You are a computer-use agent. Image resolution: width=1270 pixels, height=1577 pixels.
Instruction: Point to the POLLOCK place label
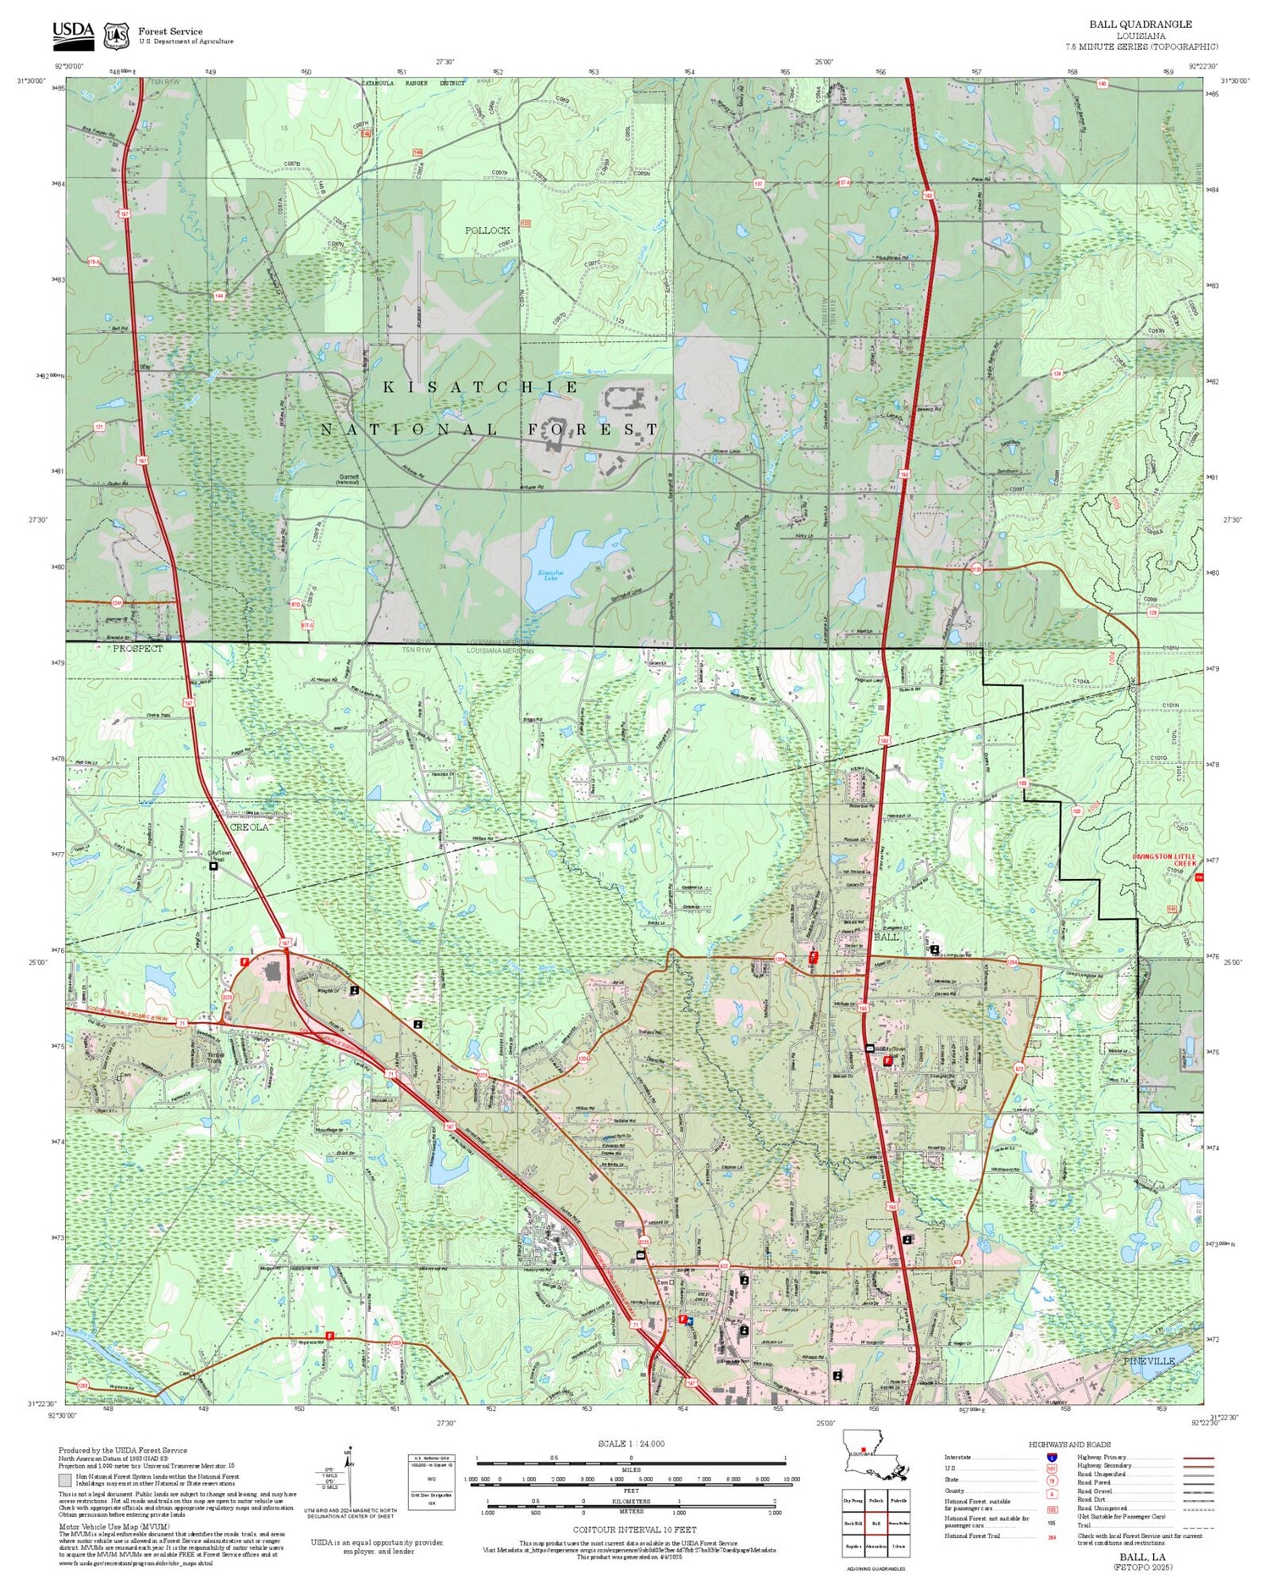(487, 230)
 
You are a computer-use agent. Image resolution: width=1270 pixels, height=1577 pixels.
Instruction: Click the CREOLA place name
(250, 827)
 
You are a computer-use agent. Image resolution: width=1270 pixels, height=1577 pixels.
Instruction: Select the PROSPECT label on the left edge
(137, 648)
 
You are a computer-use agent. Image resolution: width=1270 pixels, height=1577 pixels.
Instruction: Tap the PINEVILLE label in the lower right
(1150, 1360)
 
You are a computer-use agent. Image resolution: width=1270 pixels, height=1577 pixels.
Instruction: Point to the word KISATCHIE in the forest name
(481, 387)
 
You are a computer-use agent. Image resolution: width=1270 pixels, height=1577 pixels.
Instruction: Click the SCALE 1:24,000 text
(631, 1444)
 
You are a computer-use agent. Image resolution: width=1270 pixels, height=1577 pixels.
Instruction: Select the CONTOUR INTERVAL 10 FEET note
(634, 1530)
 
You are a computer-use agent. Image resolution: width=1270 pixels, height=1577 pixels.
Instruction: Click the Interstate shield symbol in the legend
(1052, 1458)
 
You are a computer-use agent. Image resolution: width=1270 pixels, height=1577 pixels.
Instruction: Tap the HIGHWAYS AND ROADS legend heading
(1069, 1445)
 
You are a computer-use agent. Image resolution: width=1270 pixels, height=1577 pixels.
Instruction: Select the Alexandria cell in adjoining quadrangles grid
(876, 1546)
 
